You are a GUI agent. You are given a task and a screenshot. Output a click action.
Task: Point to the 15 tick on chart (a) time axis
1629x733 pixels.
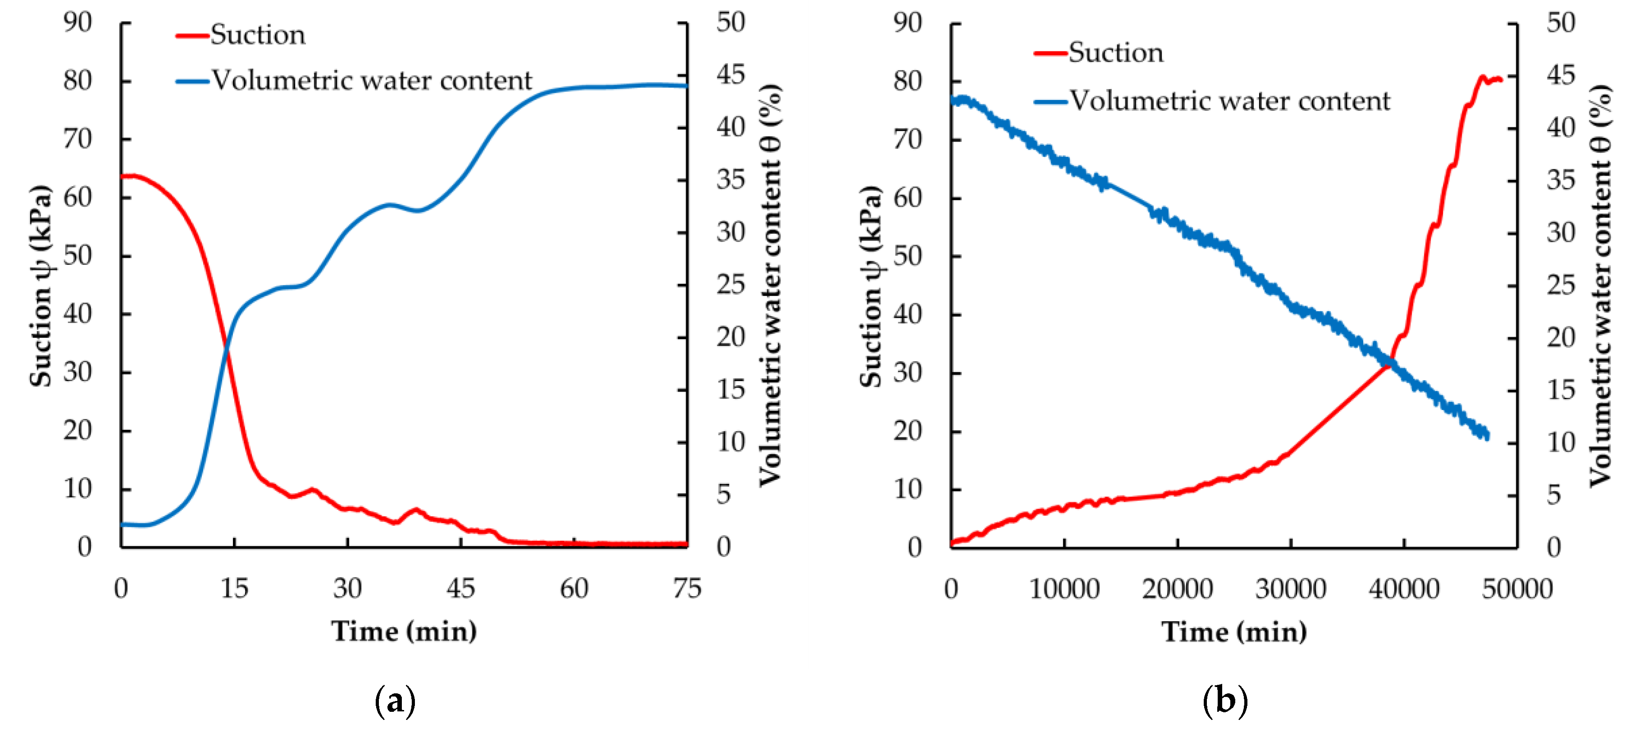pos(234,589)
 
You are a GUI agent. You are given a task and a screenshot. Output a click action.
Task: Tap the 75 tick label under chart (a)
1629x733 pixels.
pos(687,589)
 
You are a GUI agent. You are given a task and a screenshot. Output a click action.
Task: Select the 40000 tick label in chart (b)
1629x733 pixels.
pos(1404,589)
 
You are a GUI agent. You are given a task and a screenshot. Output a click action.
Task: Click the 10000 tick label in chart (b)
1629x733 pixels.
pos(1064,589)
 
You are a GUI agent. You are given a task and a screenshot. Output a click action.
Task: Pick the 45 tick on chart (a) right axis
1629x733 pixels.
pos(731,75)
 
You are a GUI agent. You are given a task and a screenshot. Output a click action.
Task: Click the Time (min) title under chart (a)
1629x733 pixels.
pos(404,631)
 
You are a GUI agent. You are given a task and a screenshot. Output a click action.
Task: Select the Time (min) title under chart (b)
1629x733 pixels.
pos(1234,632)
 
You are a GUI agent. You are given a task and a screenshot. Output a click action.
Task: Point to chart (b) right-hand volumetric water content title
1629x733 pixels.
pos(1600,286)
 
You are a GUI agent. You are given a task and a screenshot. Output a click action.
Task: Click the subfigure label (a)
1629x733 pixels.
pos(395,701)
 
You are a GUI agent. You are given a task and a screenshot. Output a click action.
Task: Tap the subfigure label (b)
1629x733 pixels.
pos(1225,701)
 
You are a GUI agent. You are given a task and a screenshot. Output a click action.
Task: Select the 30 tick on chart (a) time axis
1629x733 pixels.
pos(347,589)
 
